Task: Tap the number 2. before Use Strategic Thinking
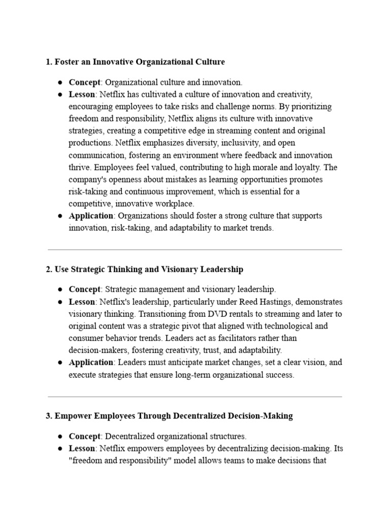(49, 269)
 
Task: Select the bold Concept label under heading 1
(84, 82)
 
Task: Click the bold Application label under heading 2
(91, 363)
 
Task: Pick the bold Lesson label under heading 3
(82, 448)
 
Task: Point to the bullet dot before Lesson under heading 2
(59, 302)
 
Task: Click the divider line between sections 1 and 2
(194, 250)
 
